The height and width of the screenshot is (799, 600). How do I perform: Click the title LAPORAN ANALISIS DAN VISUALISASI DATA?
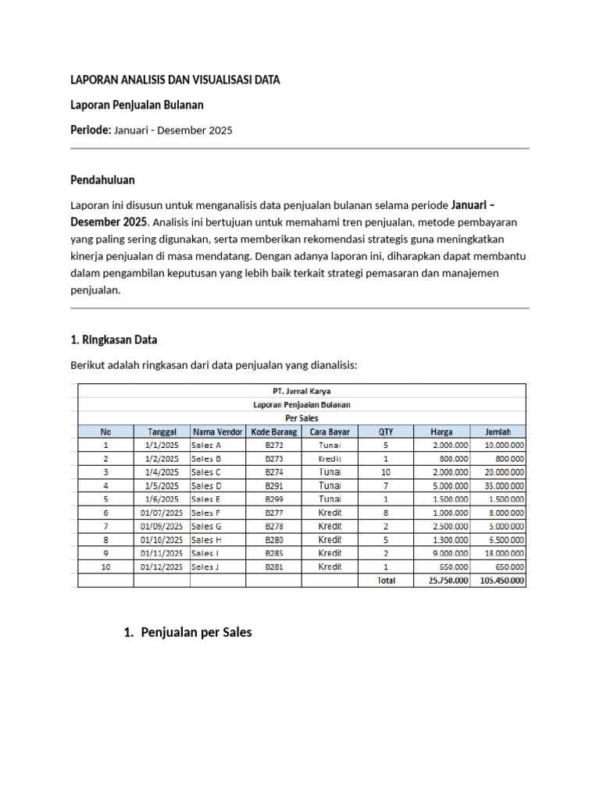point(175,80)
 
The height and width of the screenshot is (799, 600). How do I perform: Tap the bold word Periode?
point(91,130)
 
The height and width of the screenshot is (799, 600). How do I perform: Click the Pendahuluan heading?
point(102,179)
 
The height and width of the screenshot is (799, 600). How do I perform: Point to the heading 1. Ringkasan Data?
point(113,339)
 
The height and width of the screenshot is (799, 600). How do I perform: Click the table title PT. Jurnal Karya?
point(302,392)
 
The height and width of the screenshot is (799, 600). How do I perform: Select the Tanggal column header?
point(162,431)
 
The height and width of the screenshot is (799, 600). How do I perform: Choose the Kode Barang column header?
point(273,431)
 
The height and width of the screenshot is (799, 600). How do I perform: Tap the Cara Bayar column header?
point(329,431)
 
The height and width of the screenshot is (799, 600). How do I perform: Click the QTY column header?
point(386,431)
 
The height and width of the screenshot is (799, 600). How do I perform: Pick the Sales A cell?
point(206,445)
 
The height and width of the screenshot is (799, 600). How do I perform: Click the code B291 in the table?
point(273,485)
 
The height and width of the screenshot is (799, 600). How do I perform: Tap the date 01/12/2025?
point(162,566)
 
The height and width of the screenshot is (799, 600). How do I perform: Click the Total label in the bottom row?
point(386,581)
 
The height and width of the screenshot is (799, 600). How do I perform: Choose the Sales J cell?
point(205,566)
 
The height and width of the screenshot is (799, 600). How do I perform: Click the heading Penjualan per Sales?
point(196,633)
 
